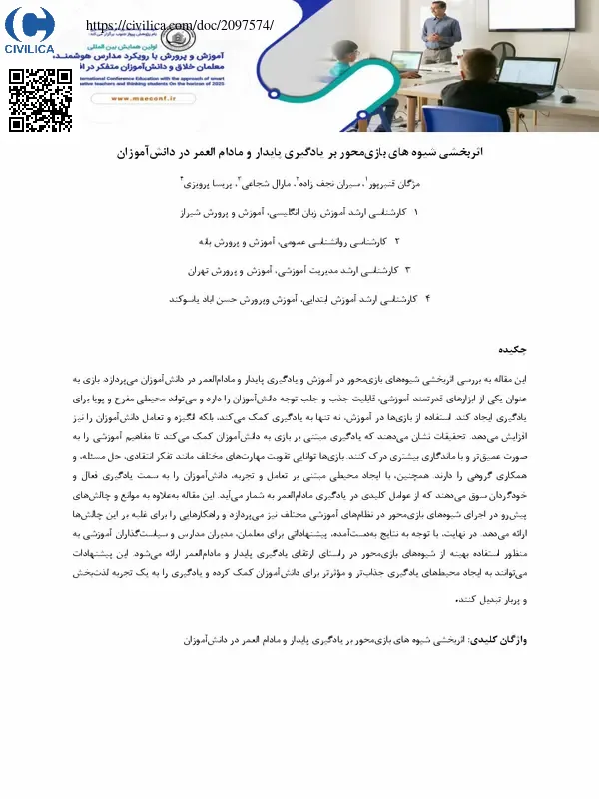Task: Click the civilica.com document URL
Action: (x=180, y=25)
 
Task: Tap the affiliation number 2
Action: (x=397, y=242)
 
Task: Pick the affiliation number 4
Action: (x=427, y=298)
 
